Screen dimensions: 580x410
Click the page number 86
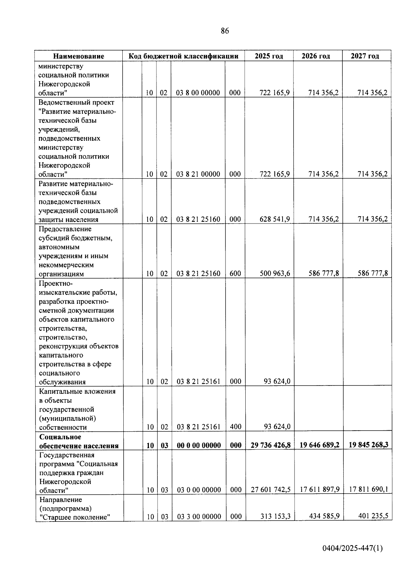coord(225,31)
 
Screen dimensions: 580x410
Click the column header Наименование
coord(79,56)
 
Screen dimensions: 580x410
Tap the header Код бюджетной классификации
coord(183,56)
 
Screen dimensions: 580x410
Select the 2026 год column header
coord(316,56)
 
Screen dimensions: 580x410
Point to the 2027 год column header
coord(365,56)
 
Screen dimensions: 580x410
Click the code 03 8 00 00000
coord(198,93)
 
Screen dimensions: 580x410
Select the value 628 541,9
coord(275,219)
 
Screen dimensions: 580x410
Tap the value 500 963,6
coord(275,273)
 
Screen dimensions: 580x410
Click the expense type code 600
coord(235,273)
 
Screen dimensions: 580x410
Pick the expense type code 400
coord(236,427)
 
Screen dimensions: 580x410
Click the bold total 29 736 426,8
coord(271,445)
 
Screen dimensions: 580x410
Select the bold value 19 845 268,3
coord(368,445)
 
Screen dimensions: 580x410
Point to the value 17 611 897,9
coord(320,489)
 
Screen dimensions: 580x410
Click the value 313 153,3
coord(275,516)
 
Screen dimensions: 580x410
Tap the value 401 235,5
coord(373,516)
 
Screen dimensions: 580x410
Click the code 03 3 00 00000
coord(199,517)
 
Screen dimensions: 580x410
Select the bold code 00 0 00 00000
coord(199,445)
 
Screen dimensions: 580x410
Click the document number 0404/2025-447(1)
coord(353,549)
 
